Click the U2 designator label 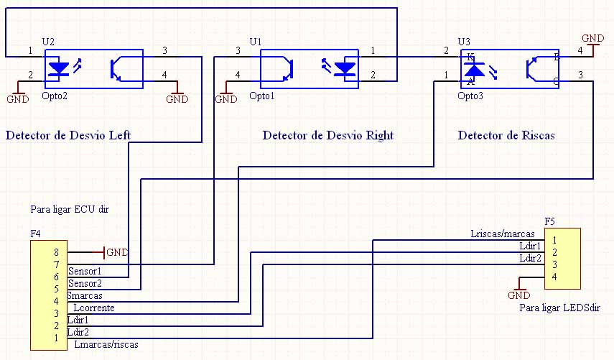coord(48,42)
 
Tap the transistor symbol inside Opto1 coord(285,68)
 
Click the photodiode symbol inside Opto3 coord(474,70)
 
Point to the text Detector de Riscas coord(506,135)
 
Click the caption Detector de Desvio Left coord(68,135)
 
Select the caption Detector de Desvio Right coord(327,135)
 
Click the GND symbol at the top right coord(592,39)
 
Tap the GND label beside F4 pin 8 coord(117,252)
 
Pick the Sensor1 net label coord(85,271)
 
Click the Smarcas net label coord(84,295)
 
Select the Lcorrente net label coord(93,308)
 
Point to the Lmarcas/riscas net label coord(106,344)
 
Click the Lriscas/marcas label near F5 coord(502,234)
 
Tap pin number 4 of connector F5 coord(555,276)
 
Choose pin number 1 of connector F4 coord(55,337)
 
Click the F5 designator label coord(550,221)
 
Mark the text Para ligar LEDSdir coord(559,308)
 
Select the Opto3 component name coord(470,96)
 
